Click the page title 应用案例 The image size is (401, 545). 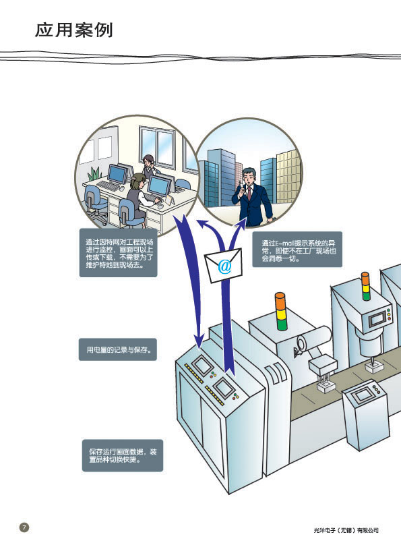[x=74, y=30]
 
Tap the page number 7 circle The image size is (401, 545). [x=24, y=527]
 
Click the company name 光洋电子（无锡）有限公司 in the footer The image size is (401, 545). [x=346, y=530]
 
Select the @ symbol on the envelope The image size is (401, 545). [x=224, y=266]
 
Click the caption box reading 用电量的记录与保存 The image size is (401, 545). [x=118, y=349]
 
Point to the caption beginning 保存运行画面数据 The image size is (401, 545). [x=123, y=455]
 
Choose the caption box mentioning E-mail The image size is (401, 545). [x=297, y=249]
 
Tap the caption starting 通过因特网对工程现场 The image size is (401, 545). [x=119, y=253]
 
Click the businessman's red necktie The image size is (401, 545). [x=249, y=193]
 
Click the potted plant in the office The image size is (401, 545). [x=94, y=173]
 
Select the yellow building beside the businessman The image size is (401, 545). [x=288, y=177]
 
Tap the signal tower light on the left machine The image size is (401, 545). [x=280, y=311]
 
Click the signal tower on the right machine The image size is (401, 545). [x=365, y=286]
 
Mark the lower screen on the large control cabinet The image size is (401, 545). [x=222, y=387]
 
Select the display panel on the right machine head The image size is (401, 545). [x=377, y=319]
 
